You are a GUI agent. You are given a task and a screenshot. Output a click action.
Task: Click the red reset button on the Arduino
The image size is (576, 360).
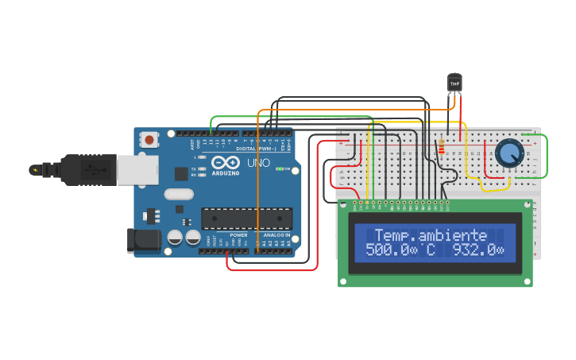coord(149,140)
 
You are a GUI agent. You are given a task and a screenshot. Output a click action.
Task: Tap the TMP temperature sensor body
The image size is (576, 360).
coord(454,82)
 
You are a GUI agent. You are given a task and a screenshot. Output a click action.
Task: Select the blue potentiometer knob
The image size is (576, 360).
coord(508,153)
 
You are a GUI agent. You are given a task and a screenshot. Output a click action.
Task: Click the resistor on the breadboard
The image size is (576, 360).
coord(442,146)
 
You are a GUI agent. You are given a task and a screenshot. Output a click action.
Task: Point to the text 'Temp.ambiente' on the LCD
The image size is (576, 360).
coord(431,235)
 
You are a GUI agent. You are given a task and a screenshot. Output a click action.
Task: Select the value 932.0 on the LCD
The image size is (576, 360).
coord(477,250)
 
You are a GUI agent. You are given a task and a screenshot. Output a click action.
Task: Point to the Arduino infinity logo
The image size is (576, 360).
coord(225,162)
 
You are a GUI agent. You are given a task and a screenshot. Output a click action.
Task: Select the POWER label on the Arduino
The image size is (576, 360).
coord(238,235)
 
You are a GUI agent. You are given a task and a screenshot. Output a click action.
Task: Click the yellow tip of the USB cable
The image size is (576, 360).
coord(35,169)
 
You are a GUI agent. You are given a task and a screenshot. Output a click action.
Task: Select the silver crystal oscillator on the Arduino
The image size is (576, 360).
coord(179,194)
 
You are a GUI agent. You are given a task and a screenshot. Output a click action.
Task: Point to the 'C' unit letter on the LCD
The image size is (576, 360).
coord(431,250)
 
